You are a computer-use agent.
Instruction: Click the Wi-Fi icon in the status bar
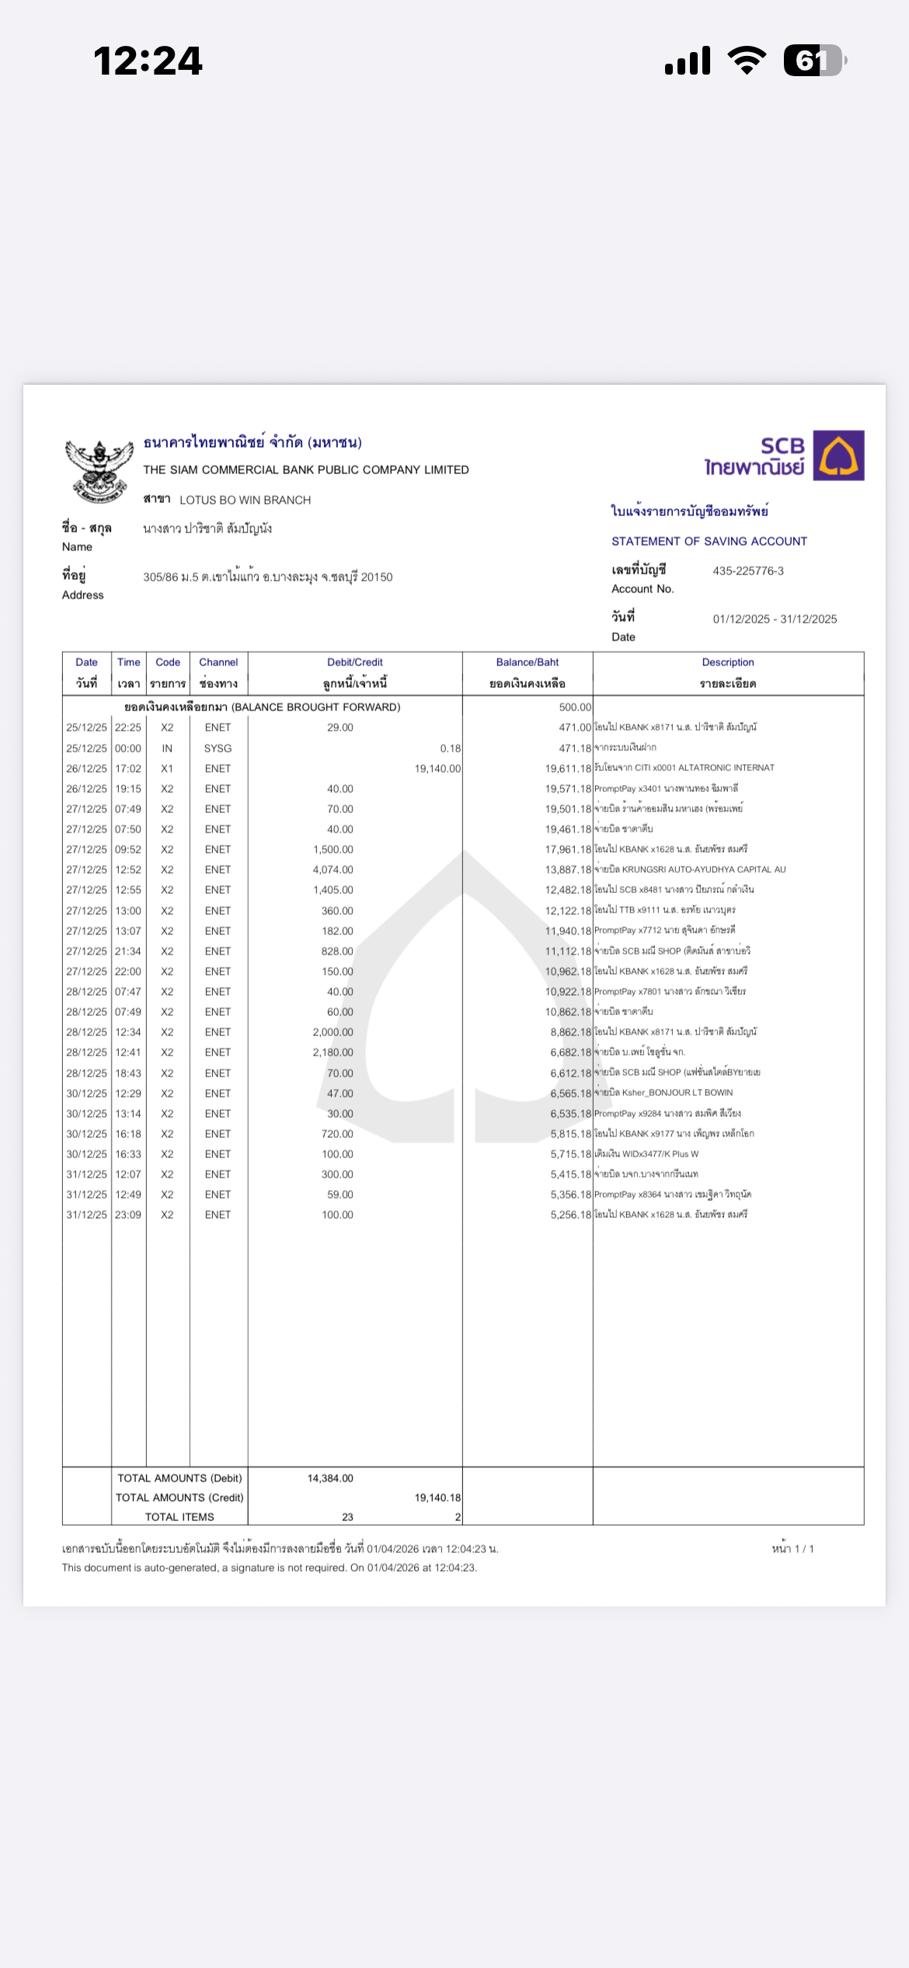747,61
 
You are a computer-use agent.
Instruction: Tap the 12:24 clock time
148,61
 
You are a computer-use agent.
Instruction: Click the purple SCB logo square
838,455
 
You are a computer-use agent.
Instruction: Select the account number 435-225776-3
747,571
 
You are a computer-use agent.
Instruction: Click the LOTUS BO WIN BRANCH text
245,500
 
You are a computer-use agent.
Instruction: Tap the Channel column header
218,662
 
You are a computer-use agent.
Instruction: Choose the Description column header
727,662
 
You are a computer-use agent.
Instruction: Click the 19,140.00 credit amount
437,769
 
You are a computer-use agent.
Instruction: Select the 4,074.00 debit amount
333,870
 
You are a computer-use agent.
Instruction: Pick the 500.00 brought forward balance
575,707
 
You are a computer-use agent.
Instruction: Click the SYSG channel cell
218,748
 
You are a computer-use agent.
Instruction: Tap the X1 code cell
167,769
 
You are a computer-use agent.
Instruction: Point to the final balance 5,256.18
570,1215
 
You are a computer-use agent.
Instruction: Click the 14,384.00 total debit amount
330,1478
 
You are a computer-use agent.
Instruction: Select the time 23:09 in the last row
128,1215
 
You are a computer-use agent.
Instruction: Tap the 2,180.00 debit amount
333,1052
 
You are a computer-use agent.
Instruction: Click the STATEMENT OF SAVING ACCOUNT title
709,541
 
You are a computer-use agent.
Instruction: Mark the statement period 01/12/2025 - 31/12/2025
775,619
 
